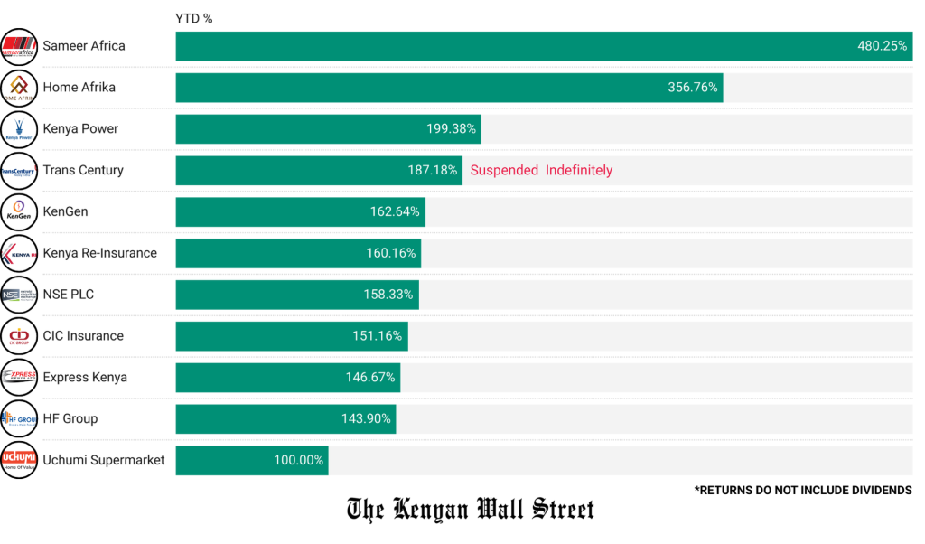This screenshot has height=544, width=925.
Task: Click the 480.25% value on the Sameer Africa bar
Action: point(882,46)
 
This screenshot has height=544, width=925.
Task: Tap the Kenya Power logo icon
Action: point(19,129)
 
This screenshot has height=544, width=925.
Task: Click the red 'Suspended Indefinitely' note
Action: point(541,171)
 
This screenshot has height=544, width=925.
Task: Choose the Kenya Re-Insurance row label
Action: point(99,253)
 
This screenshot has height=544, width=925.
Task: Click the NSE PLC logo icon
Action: point(19,295)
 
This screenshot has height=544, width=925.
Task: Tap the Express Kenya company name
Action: point(85,378)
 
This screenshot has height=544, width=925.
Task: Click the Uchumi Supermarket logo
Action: point(19,460)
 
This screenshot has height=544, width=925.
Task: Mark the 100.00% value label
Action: point(298,461)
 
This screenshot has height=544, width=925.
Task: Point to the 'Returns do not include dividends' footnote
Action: point(803,491)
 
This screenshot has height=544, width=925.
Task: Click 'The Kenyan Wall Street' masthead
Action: point(471,510)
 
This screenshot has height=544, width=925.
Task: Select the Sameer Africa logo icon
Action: point(19,46)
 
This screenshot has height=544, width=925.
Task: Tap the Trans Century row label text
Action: point(83,171)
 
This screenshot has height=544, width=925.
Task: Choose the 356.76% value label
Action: point(693,88)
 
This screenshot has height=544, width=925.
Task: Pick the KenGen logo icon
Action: point(19,212)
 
